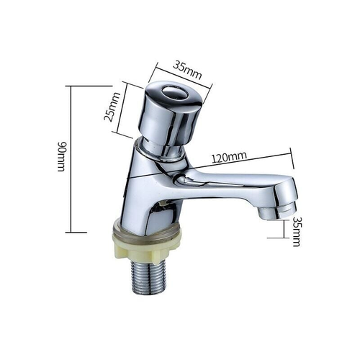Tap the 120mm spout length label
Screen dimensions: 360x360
[x=229, y=156]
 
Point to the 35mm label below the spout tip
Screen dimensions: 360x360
[x=296, y=233]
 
